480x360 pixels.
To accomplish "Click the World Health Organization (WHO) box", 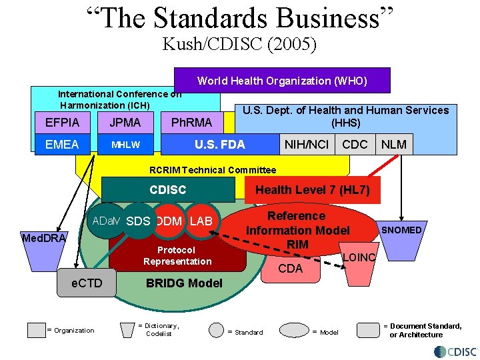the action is point(282,81).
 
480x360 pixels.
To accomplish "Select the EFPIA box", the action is point(62,123).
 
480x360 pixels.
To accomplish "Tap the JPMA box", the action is point(125,123).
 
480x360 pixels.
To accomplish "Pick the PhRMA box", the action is point(191,123).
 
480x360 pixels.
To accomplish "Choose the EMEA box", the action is point(62,144).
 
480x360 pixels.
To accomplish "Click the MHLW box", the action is point(125,144).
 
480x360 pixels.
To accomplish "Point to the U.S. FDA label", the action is point(219,144).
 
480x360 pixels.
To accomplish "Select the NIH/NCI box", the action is point(307,144).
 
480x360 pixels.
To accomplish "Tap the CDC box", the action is point(355,144).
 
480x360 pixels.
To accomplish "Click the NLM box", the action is point(393,144).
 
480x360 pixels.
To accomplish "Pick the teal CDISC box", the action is point(168,189).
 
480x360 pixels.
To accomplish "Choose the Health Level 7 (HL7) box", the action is point(312,190).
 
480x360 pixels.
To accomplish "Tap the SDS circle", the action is point(138,221).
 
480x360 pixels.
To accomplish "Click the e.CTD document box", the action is point(87,283).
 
